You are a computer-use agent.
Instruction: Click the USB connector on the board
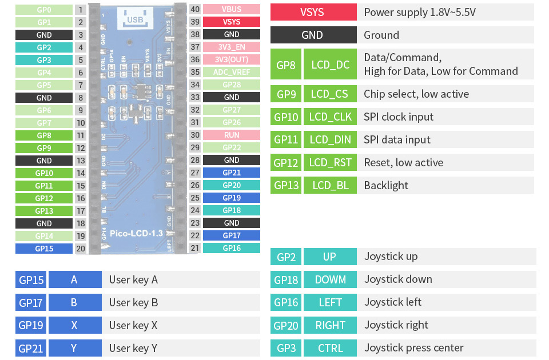(136, 19)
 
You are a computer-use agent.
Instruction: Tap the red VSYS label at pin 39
(232, 22)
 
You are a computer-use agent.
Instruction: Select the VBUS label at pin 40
(232, 9)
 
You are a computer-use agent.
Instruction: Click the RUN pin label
(232, 135)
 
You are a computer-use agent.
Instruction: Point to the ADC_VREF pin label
(232, 72)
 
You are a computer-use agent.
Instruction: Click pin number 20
(81, 249)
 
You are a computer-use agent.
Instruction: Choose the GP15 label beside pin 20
(44, 249)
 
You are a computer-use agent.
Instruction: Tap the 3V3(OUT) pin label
(232, 59)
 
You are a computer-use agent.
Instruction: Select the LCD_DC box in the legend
(330, 65)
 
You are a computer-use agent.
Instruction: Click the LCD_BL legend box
(330, 185)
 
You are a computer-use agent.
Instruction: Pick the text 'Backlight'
(386, 185)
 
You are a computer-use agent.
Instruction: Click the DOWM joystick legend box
(330, 279)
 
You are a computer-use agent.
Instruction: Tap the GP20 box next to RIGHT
(286, 325)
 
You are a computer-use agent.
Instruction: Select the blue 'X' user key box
(74, 325)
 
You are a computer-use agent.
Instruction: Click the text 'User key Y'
(133, 348)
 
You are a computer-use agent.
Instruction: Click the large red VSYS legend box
(312, 12)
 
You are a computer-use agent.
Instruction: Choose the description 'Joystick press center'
(413, 348)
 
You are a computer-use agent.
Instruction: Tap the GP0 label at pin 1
(44, 10)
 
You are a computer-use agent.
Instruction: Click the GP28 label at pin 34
(232, 85)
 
